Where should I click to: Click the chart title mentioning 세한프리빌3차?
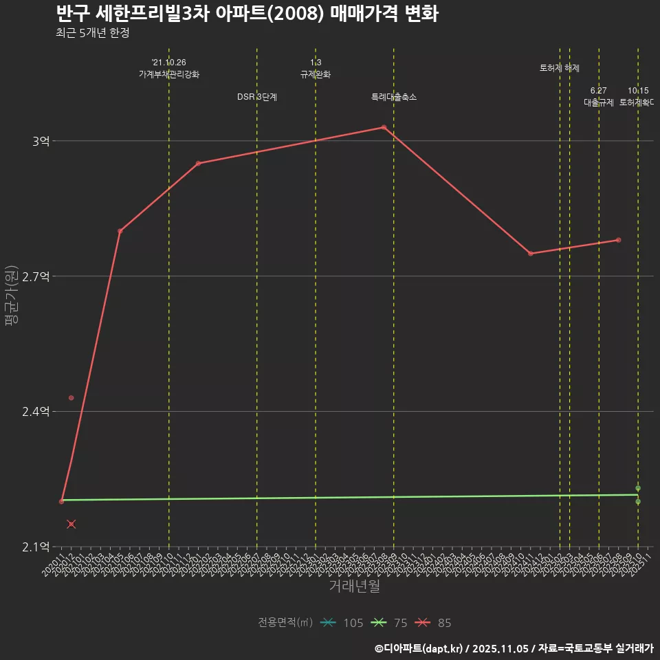[x=247, y=14]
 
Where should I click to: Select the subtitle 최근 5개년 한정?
[x=93, y=33]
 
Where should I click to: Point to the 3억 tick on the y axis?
[x=41, y=141]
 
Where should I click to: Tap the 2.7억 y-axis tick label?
[x=36, y=276]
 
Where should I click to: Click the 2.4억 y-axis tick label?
[x=36, y=412]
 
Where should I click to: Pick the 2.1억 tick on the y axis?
[x=36, y=547]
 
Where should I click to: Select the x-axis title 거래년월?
[x=354, y=586]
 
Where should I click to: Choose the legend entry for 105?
[x=342, y=623]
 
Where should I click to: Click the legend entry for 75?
[x=388, y=623]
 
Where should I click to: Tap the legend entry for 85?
[x=435, y=623]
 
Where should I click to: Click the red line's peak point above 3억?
[x=384, y=127]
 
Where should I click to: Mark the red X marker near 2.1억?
[x=71, y=525]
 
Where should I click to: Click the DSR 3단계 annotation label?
[x=257, y=97]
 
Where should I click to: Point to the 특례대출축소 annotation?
[x=394, y=97]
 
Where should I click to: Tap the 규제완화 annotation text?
[x=316, y=74]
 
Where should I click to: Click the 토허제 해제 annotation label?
[x=560, y=68]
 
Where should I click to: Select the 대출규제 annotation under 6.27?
[x=599, y=102]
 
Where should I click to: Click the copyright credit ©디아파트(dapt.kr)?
[x=421, y=648]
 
